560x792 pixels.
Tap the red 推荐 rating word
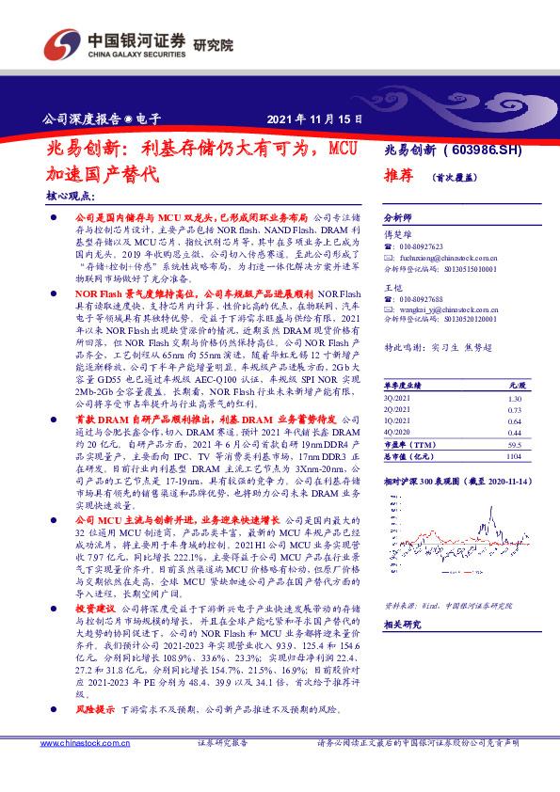[x=399, y=175]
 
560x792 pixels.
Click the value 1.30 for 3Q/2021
[x=515, y=399]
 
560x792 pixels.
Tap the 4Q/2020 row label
[x=397, y=432]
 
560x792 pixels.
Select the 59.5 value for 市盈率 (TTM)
[x=514, y=443]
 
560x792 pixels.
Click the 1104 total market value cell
[x=513, y=454]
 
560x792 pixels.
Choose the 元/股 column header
[x=514, y=386]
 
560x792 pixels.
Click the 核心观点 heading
[x=71, y=196]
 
